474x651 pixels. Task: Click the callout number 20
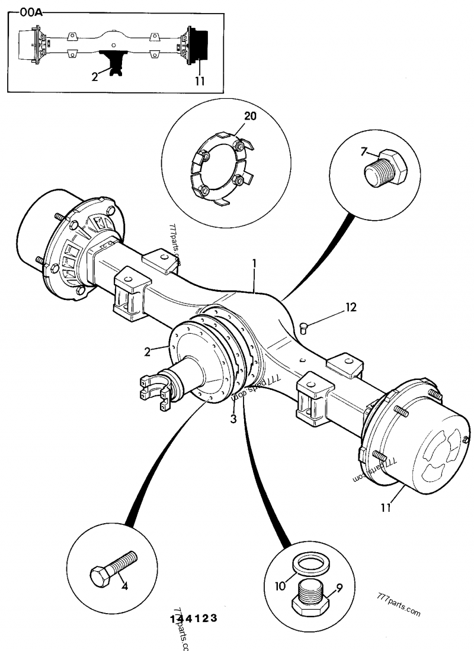click(250, 116)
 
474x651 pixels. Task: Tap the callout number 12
click(351, 307)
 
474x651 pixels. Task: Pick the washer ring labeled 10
click(313, 562)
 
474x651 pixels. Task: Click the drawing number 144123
click(193, 618)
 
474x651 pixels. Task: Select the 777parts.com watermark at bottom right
click(398, 603)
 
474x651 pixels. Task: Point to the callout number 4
click(124, 587)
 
